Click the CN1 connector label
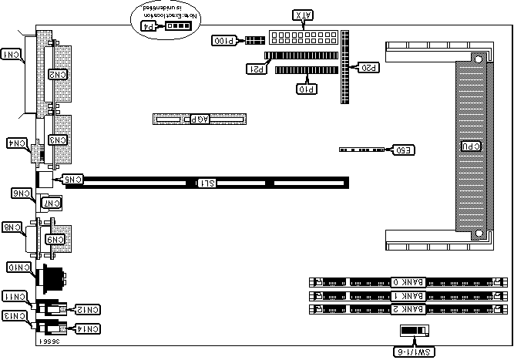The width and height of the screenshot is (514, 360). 12,55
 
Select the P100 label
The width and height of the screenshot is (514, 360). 228,39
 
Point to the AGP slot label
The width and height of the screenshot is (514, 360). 200,119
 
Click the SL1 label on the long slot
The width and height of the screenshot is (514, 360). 207,183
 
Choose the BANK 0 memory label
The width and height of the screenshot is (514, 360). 406,282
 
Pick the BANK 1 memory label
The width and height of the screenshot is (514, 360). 406,295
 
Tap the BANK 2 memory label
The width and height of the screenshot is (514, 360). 406,308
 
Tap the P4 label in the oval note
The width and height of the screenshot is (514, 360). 150,25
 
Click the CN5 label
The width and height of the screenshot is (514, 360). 72,179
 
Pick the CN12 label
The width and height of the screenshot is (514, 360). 86,310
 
